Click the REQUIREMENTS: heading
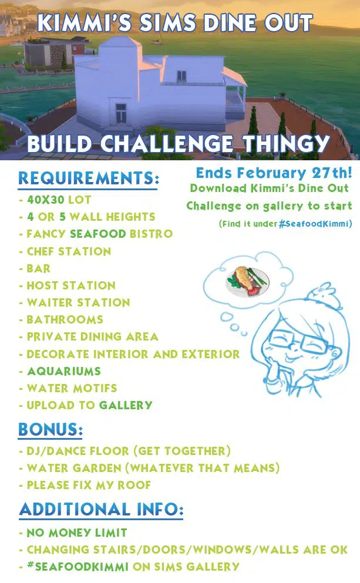[x=89, y=178]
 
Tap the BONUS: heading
[x=51, y=429]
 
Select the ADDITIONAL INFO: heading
[x=101, y=510]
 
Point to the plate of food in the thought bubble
[x=248, y=281]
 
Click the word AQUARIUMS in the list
[x=64, y=371]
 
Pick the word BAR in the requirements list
[x=38, y=268]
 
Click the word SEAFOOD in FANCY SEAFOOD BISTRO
[x=98, y=234]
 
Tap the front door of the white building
[x=121, y=113]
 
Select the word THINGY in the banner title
[x=287, y=143]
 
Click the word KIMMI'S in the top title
[x=85, y=23]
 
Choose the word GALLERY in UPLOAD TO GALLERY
[x=126, y=405]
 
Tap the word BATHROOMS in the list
[x=65, y=320]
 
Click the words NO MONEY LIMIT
[x=77, y=533]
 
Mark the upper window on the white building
[x=181, y=76]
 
